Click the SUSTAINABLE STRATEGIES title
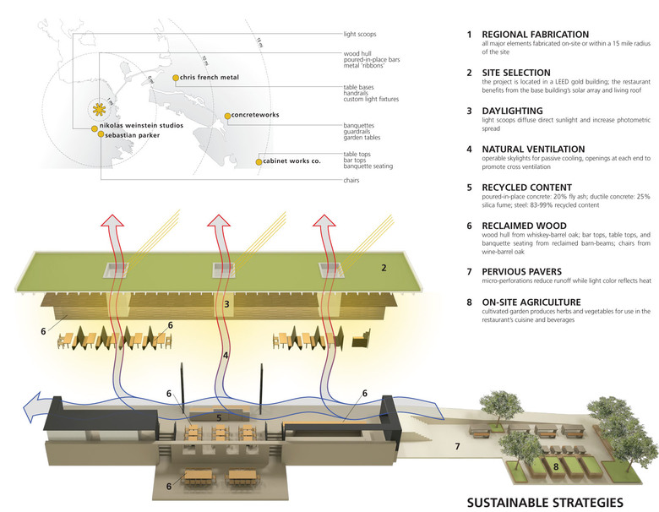tap(545, 499)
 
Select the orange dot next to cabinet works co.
tap(259, 160)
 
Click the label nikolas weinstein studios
tap(142, 126)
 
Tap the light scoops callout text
tap(360, 35)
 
